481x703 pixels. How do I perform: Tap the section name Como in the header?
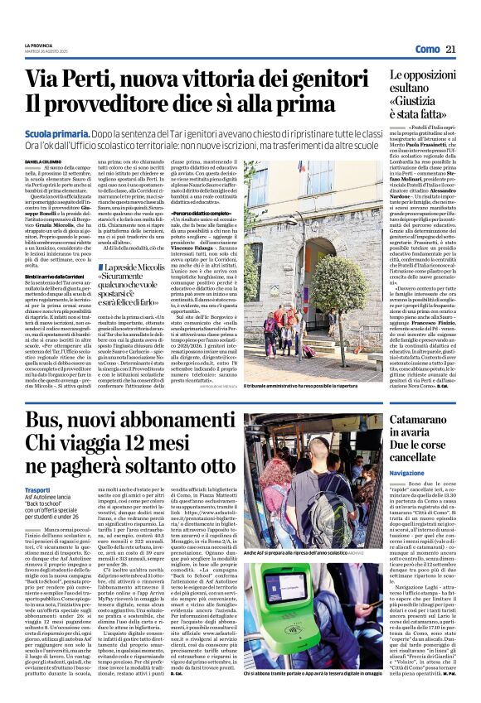click(x=427, y=51)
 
